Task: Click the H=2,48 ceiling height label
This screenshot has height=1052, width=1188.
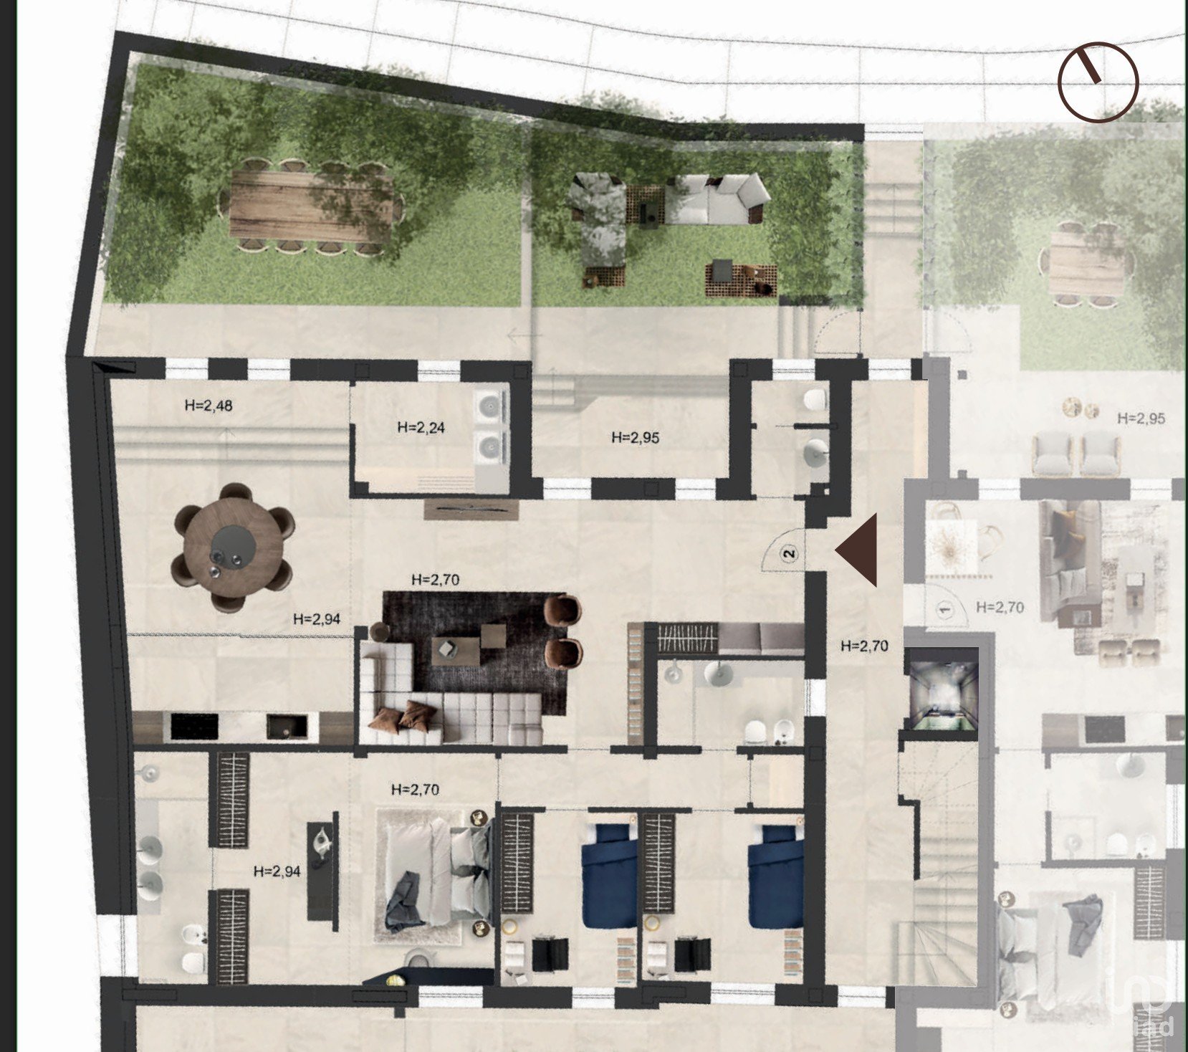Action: (209, 406)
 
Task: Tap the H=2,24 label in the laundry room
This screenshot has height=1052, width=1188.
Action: (421, 428)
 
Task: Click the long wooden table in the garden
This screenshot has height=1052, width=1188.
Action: (311, 206)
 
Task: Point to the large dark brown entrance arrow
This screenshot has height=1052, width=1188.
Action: (857, 550)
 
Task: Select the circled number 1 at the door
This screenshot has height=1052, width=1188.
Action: (944, 611)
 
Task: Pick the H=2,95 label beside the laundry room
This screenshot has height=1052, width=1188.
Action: (636, 438)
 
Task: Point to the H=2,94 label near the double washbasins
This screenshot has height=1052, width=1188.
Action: (277, 871)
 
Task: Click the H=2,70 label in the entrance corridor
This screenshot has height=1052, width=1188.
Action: (864, 646)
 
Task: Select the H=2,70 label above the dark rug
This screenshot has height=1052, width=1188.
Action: (436, 579)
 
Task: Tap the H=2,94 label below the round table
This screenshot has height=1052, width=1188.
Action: (317, 618)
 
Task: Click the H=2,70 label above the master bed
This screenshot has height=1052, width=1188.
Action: (416, 789)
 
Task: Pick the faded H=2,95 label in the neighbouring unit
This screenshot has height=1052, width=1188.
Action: (1141, 418)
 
